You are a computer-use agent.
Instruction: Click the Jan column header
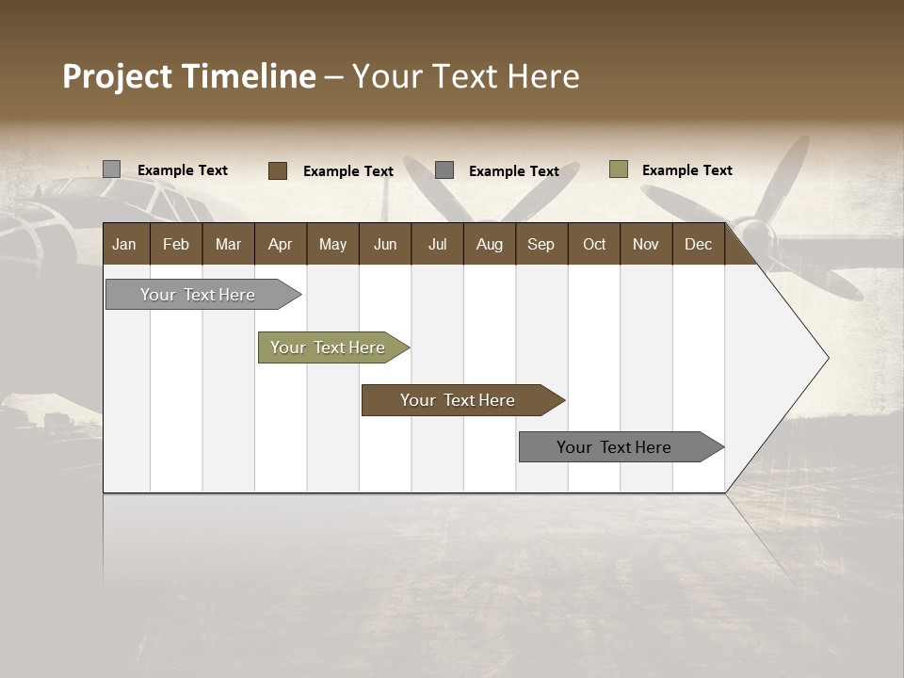tap(124, 244)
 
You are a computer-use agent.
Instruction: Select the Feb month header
tap(176, 244)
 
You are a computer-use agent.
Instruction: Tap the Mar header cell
tap(228, 244)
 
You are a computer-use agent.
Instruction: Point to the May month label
tap(332, 244)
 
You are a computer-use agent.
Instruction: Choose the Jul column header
tap(437, 244)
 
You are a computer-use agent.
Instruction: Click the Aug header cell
tap(489, 244)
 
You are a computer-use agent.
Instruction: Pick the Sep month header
tap(541, 244)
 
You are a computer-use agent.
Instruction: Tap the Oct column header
tap(594, 244)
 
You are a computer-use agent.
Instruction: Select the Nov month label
tap(645, 244)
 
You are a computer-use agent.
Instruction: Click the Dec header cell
tap(698, 244)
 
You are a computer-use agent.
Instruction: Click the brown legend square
tap(278, 170)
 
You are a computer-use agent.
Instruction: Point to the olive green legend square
tap(619, 169)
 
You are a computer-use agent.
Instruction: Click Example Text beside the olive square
tap(686, 170)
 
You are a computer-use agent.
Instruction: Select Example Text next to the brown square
tap(347, 171)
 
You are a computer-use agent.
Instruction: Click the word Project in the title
tap(119, 76)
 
